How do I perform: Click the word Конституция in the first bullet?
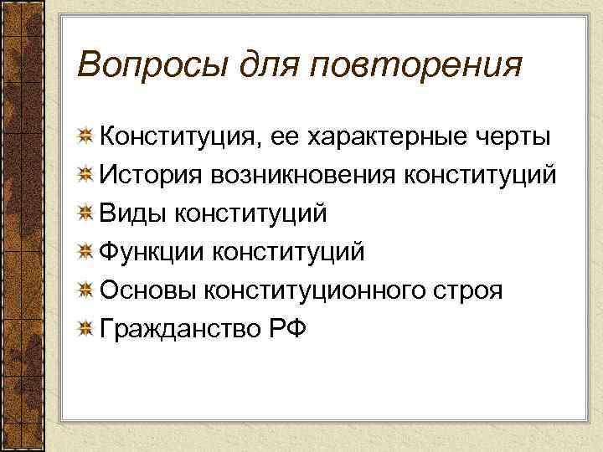pos(182,136)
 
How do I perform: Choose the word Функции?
pos(152,252)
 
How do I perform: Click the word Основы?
pos(147,290)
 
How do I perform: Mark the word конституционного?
pos(316,290)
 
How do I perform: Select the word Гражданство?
pos(178,329)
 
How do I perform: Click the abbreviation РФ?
pos(287,329)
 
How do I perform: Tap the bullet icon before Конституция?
pos(85,136)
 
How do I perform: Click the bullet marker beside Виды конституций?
pos(85,214)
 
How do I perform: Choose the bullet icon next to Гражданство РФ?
pos(85,329)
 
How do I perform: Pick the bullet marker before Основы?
pos(85,290)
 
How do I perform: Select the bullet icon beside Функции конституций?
pos(85,252)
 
